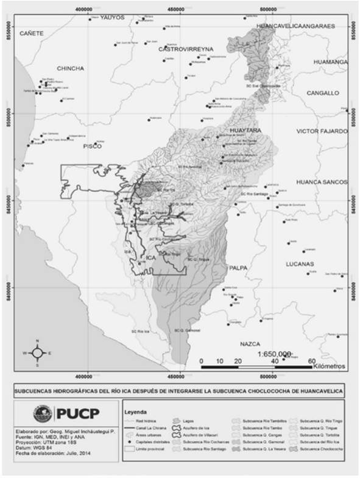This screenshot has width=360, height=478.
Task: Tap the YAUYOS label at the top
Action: point(111,18)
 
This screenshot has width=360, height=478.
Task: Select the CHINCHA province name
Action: point(70,68)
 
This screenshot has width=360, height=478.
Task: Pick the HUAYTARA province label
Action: point(245,130)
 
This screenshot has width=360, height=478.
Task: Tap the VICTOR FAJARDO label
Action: point(321,131)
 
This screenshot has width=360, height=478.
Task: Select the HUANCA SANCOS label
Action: point(320,182)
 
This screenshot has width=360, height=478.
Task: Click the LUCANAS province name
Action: point(302,264)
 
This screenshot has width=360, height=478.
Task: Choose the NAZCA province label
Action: point(252,344)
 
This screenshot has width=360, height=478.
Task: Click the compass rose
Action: point(38,352)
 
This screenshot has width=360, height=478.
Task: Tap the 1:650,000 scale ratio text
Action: point(275,354)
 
